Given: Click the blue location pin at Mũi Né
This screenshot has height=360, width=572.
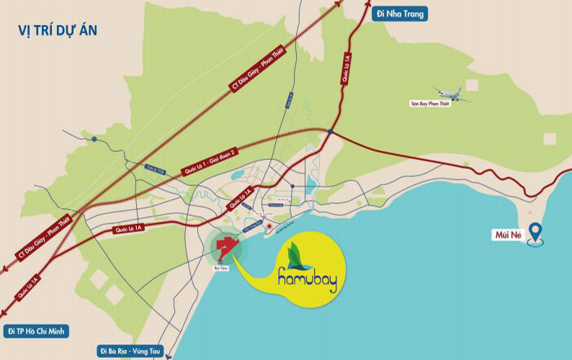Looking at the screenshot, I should (535, 232).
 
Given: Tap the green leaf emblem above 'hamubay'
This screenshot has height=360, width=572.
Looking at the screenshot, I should (296, 254).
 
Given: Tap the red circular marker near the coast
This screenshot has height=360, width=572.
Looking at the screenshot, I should (267, 227).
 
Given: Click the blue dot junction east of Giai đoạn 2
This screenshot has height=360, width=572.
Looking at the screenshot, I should (329, 132).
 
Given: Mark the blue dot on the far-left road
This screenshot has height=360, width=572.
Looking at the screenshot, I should (94, 138).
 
